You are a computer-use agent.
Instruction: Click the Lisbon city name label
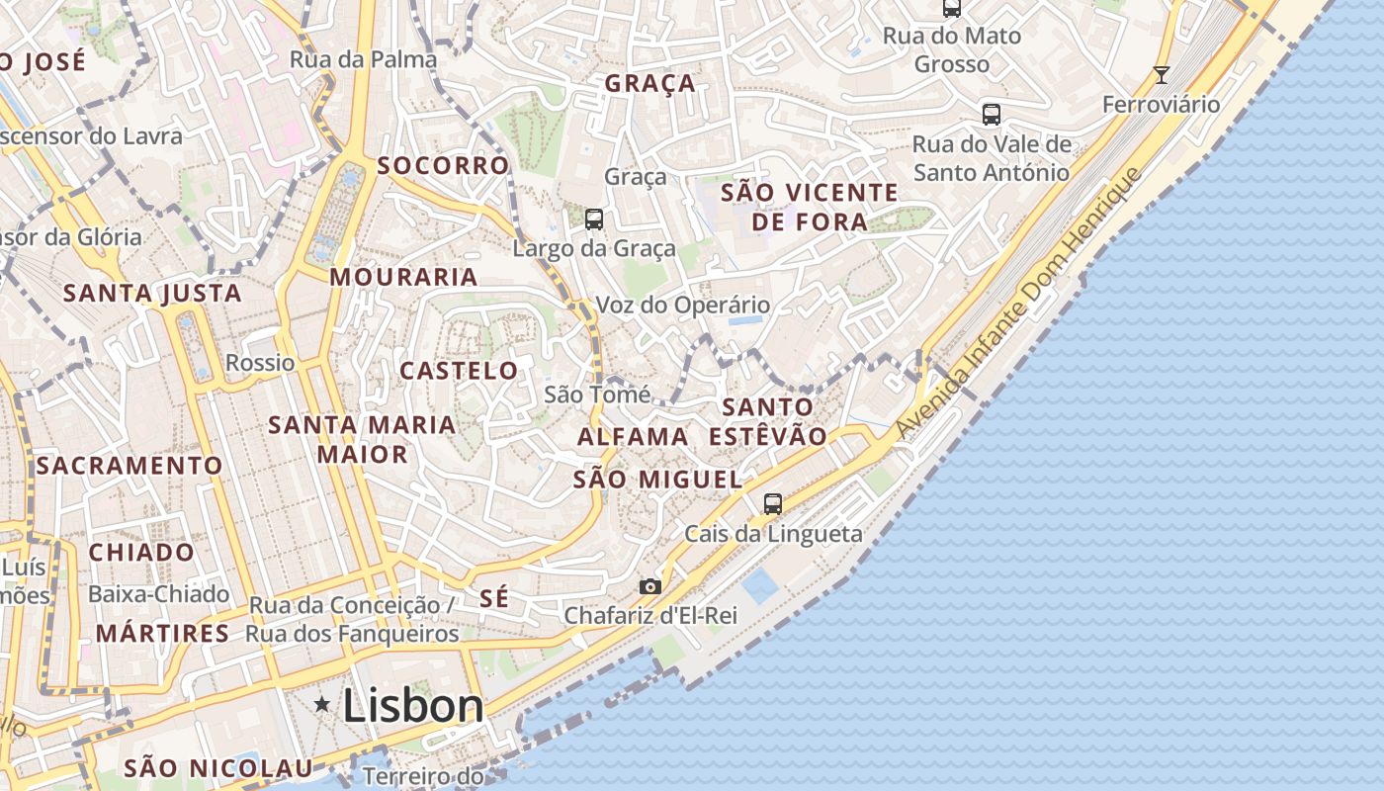[413, 706]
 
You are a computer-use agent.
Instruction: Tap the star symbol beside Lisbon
[322, 705]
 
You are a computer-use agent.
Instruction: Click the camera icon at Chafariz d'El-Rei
[649, 586]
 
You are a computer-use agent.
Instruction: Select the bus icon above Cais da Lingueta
[773, 503]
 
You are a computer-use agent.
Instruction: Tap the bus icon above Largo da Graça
[593, 220]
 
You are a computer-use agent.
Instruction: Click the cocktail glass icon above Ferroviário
[1162, 75]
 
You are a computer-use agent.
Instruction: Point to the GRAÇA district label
[650, 84]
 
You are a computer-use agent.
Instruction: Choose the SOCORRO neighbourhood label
[443, 165]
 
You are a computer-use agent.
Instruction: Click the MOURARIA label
[403, 277]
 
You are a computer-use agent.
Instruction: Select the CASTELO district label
[459, 371]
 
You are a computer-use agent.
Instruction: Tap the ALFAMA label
[633, 436]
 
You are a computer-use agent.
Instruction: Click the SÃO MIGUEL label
[657, 480]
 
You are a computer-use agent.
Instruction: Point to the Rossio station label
[260, 363]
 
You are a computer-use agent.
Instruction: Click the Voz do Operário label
[682, 306]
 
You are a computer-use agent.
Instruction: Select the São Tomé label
[597, 395]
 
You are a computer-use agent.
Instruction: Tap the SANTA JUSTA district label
[152, 293]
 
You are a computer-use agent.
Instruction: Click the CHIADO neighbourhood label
[141, 552]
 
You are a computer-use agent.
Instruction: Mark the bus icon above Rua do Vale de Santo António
[992, 115]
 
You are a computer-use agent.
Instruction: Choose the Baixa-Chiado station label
[158, 594]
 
